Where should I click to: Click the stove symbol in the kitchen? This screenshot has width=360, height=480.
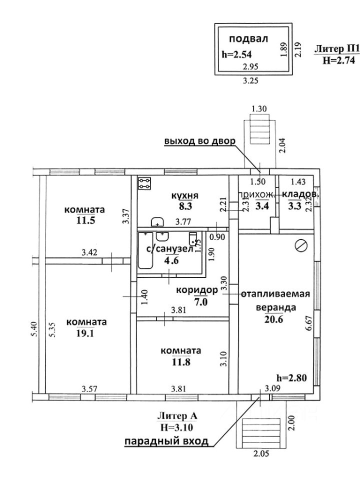pos(145,184)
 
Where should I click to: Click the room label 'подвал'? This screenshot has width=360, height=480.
pos(249,38)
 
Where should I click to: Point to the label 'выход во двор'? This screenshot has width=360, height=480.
pos(199,141)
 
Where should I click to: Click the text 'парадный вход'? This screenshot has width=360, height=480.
pos(165,441)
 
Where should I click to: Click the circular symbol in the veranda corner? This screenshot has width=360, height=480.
pos(300,245)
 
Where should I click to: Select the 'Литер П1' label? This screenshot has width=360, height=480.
pos(337,49)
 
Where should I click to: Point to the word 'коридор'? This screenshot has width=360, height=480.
pos(197,290)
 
